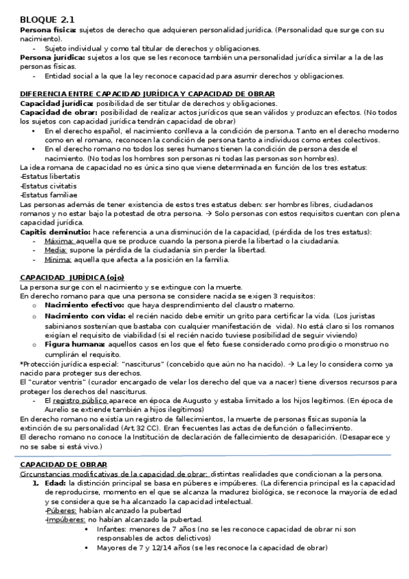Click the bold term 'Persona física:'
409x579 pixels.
pos(48,31)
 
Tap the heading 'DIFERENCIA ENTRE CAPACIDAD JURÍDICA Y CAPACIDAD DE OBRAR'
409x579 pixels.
pos(147,94)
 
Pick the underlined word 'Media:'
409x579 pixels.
pos(55,250)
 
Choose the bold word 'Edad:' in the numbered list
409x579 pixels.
pos(55,483)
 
